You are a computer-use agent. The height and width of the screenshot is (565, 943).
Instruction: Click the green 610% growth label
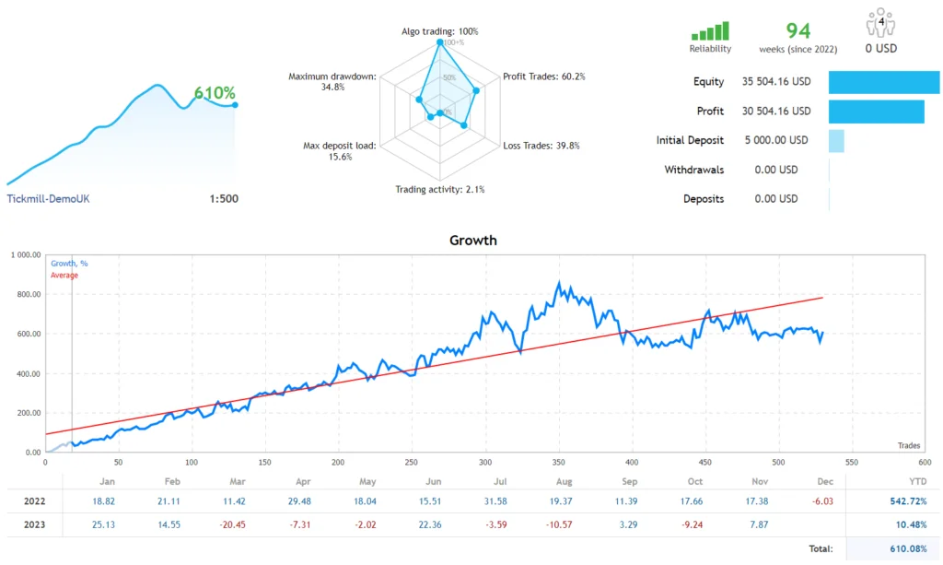(x=215, y=93)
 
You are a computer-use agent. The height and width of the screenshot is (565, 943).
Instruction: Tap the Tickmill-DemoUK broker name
(x=49, y=199)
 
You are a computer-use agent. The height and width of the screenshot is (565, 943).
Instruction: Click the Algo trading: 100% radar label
(x=439, y=31)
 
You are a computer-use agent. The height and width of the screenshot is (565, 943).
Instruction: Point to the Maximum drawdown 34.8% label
(x=332, y=81)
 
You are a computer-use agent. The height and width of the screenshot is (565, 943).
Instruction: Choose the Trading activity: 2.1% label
(x=439, y=190)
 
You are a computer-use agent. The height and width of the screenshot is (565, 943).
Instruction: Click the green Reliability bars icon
(x=710, y=31)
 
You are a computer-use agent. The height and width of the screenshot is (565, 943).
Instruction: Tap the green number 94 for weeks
(x=797, y=30)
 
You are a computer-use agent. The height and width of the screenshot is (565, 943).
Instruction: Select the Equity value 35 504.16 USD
(x=775, y=82)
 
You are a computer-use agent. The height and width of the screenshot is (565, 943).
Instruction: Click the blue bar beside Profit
(x=876, y=112)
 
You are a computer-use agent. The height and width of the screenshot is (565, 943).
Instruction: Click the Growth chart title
(x=472, y=241)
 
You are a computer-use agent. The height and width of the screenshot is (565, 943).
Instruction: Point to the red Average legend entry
(x=64, y=276)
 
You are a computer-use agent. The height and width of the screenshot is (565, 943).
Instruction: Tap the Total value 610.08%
(x=906, y=549)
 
